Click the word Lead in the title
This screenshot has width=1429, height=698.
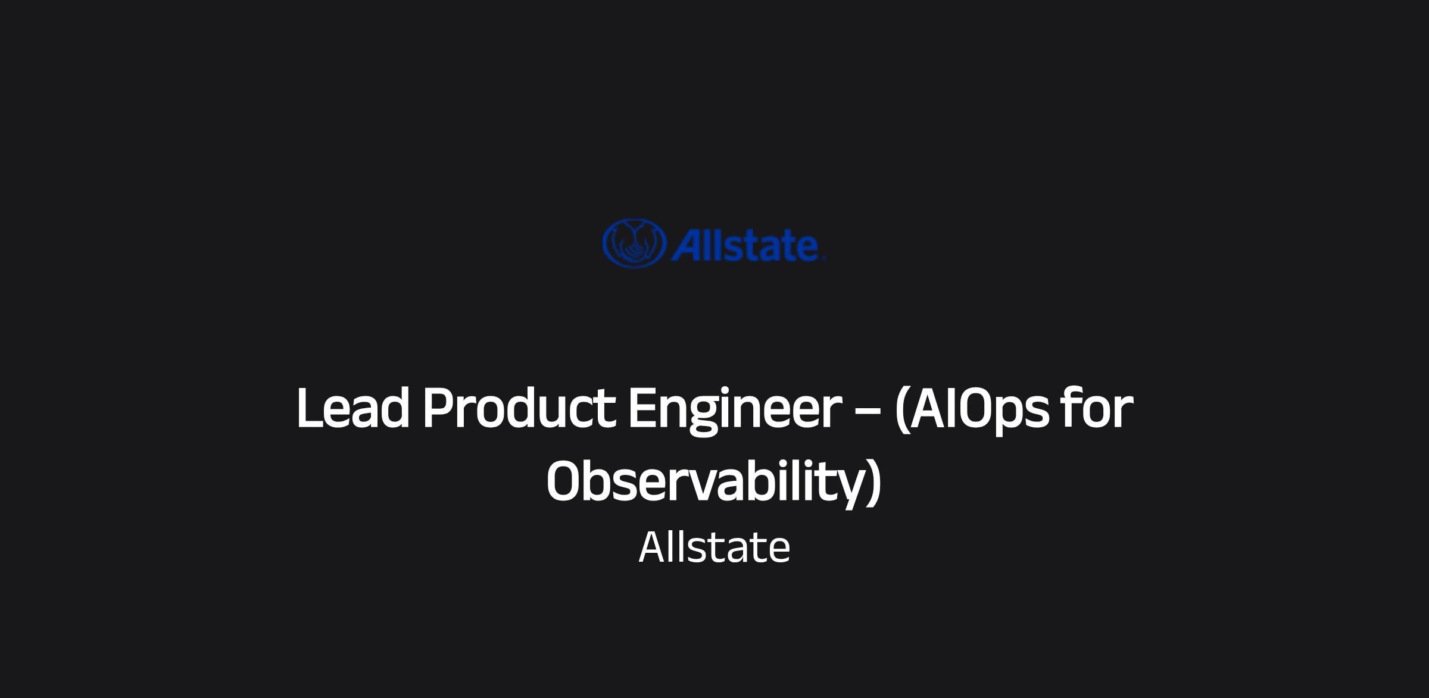coord(353,408)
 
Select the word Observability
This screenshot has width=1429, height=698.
coord(705,484)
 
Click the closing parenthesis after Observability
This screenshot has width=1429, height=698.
coord(873,483)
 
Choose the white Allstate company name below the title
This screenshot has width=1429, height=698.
coord(714,547)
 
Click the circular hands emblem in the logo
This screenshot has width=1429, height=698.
coord(633,243)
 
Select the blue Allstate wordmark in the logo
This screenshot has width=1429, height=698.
coord(748,245)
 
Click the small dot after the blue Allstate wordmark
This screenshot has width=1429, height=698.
coord(824,258)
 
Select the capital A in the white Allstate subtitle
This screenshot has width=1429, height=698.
coord(653,547)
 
